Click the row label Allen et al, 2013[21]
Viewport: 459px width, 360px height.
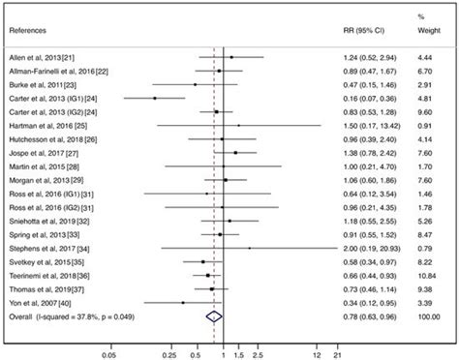pos(46,58)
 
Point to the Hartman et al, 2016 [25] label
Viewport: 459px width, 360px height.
pos(50,126)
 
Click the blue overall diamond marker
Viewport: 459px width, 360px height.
pos(215,315)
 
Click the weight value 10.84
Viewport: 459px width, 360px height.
pos(423,275)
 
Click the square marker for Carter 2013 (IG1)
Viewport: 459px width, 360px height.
pos(154,99)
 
